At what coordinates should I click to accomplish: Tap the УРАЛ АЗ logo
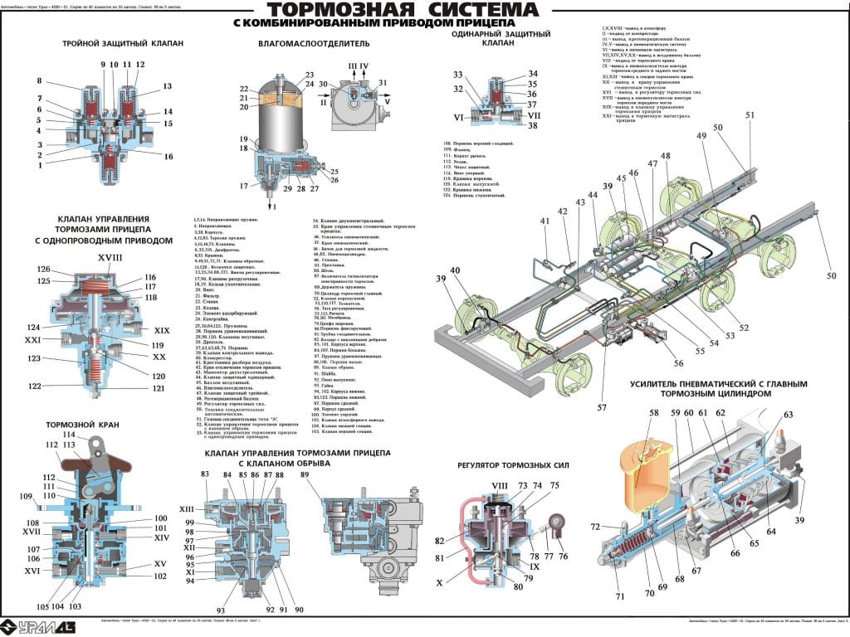(x=38, y=624)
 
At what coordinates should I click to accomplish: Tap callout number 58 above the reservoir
(x=653, y=412)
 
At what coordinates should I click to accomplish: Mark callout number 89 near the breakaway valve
(x=305, y=474)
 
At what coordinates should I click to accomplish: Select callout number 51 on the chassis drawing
(x=750, y=115)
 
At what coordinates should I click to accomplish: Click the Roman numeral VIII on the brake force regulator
(x=499, y=485)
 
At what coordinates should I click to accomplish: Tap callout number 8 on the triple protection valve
(x=38, y=80)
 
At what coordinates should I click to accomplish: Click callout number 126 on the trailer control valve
(x=43, y=269)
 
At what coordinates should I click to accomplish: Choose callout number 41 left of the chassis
(x=545, y=221)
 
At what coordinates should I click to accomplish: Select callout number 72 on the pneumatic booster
(x=595, y=528)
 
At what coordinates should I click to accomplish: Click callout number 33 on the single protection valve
(x=457, y=75)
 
